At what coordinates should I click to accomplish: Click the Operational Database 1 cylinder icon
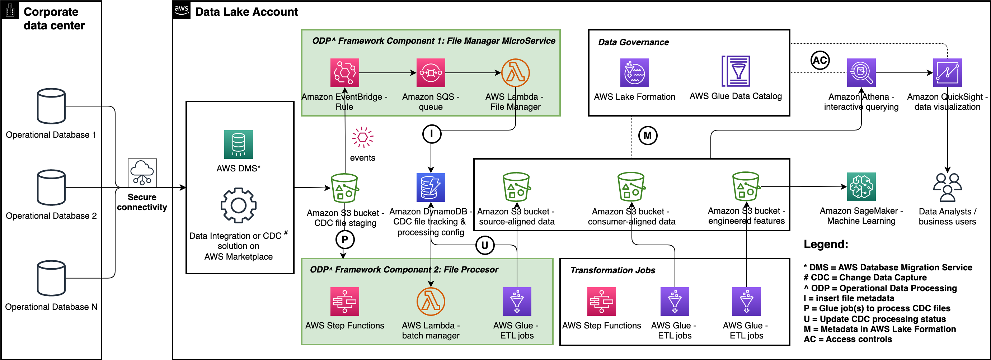pos(51,106)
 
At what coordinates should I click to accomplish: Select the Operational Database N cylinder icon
pos(51,278)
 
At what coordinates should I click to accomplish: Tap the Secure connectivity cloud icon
pos(142,173)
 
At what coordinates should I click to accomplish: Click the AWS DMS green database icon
pos(239,144)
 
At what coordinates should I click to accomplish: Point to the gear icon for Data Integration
pos(239,205)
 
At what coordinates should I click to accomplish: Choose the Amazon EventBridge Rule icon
pos(345,73)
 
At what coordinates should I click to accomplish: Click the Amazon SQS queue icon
pos(431,73)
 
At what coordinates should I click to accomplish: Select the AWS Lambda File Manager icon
pos(516,73)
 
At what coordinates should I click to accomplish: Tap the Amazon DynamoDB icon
pos(431,187)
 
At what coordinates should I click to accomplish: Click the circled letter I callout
pos(432,134)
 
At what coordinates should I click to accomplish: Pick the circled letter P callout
pos(345,240)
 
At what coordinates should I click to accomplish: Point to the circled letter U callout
pos(485,245)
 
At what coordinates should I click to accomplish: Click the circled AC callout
pos(820,60)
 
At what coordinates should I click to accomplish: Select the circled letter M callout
pos(648,136)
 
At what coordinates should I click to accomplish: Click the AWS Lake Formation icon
pos(634,73)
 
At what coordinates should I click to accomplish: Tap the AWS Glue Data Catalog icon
pos(736,72)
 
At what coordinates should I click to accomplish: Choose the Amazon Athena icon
pos(861,73)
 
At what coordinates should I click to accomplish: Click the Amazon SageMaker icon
pos(861,187)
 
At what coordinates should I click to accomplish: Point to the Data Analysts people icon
pos(947,187)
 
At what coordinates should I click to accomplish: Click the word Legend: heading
pos(826,244)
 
